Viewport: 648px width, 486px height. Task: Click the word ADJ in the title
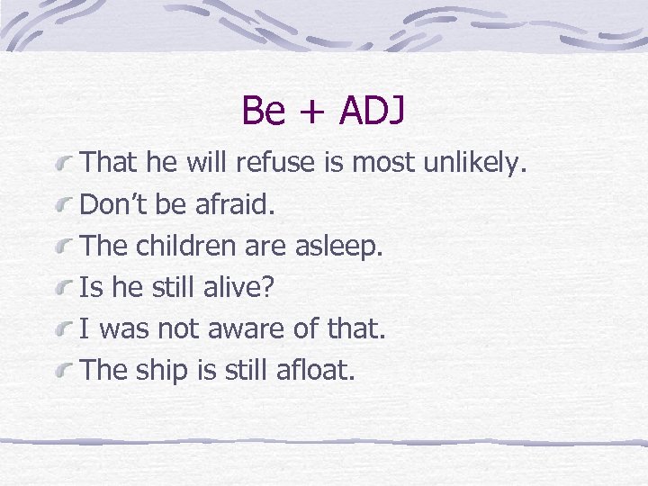(x=372, y=112)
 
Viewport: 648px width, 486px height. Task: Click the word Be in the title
(x=263, y=112)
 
